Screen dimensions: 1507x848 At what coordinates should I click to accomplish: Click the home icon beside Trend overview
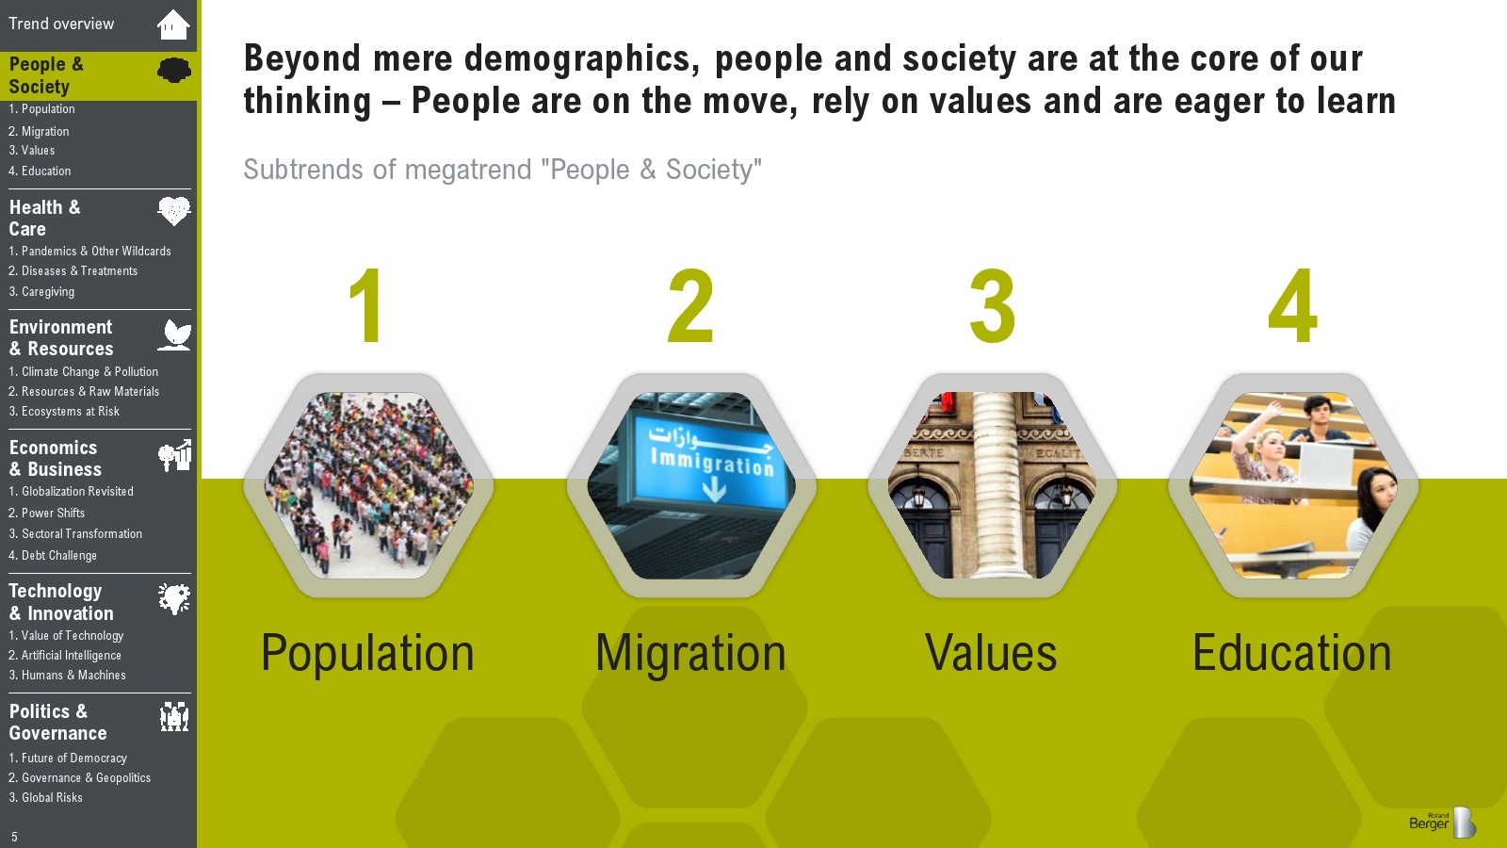pos(173,24)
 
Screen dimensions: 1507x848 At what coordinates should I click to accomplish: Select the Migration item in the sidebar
pos(39,131)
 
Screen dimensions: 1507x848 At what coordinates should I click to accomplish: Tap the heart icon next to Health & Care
pos(174,211)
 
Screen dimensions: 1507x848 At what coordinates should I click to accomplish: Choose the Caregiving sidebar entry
pos(41,291)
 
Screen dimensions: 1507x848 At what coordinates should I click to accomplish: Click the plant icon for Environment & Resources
pos(174,335)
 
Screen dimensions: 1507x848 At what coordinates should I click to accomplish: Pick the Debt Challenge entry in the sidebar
pos(53,555)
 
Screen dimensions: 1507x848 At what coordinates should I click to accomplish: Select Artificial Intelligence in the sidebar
pos(65,655)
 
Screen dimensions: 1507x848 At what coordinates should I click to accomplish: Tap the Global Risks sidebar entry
pos(45,797)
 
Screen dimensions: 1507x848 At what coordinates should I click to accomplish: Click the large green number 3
pos(992,305)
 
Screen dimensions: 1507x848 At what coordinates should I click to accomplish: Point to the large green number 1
pos(366,305)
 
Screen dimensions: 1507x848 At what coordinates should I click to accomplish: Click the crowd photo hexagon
pos(368,485)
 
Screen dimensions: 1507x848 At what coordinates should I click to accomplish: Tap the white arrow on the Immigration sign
pos(714,489)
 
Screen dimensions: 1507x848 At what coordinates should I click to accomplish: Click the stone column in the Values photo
pos(993,484)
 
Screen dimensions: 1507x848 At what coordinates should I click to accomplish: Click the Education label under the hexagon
pos(1291,652)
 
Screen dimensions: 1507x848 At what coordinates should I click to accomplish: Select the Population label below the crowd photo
pos(367,654)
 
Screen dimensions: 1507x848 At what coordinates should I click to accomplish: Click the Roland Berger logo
pos(1442,822)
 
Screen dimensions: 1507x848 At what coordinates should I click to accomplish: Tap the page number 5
pos(14,838)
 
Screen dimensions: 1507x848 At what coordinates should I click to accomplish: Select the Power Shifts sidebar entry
pos(46,513)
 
